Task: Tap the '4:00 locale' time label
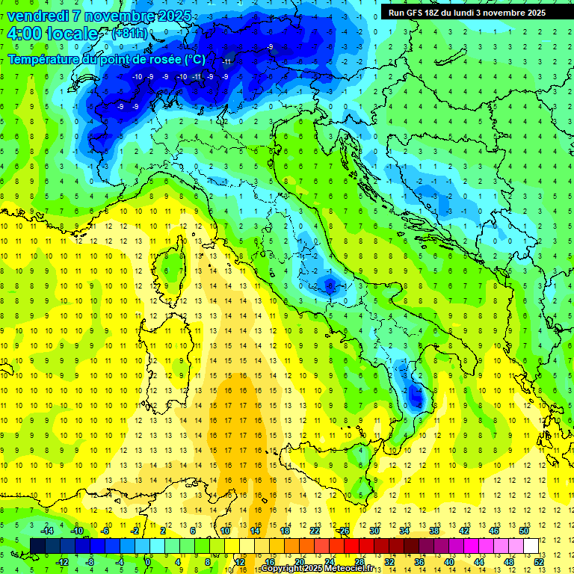click(x=52, y=34)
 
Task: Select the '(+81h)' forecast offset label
click(x=129, y=34)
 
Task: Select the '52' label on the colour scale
click(x=539, y=561)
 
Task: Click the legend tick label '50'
click(x=524, y=531)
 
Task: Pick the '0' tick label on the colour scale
click(x=148, y=561)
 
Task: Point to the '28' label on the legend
click(x=359, y=561)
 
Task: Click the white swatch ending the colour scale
click(x=531, y=546)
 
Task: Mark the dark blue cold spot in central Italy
click(x=329, y=283)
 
